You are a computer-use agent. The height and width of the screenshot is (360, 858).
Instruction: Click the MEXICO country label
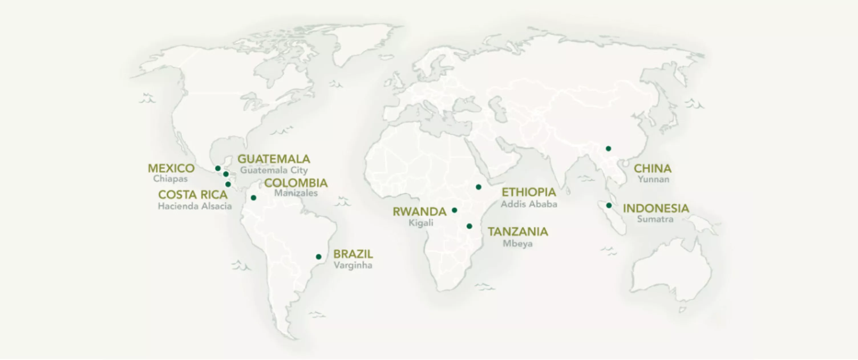tap(171, 168)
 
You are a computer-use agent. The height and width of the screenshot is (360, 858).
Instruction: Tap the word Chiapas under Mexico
tap(170, 179)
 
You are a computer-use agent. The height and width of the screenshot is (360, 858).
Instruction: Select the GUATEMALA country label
tap(274, 159)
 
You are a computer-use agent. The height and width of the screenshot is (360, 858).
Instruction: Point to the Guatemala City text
tap(274, 170)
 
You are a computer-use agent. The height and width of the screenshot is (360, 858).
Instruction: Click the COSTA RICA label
tap(193, 195)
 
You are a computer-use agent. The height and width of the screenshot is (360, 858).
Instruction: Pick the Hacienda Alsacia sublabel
tap(195, 207)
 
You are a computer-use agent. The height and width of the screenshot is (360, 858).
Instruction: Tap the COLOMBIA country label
tap(296, 183)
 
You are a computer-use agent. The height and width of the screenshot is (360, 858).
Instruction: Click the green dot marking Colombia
tap(254, 198)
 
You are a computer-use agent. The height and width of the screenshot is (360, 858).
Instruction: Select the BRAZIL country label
tap(353, 254)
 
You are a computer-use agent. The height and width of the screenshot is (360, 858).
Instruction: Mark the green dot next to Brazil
tap(318, 257)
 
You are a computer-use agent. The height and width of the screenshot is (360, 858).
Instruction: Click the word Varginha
tap(353, 265)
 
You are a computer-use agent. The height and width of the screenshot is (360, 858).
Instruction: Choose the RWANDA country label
tap(419, 212)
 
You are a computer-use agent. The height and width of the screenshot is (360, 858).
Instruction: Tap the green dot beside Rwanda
tap(454, 210)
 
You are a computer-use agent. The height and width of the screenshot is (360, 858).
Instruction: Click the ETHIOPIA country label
tap(529, 192)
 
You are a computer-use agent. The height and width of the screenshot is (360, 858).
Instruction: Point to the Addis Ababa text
tap(529, 204)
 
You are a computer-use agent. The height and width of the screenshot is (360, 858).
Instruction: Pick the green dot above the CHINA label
tap(608, 149)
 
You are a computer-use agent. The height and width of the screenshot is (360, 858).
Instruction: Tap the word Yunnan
tap(653, 179)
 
